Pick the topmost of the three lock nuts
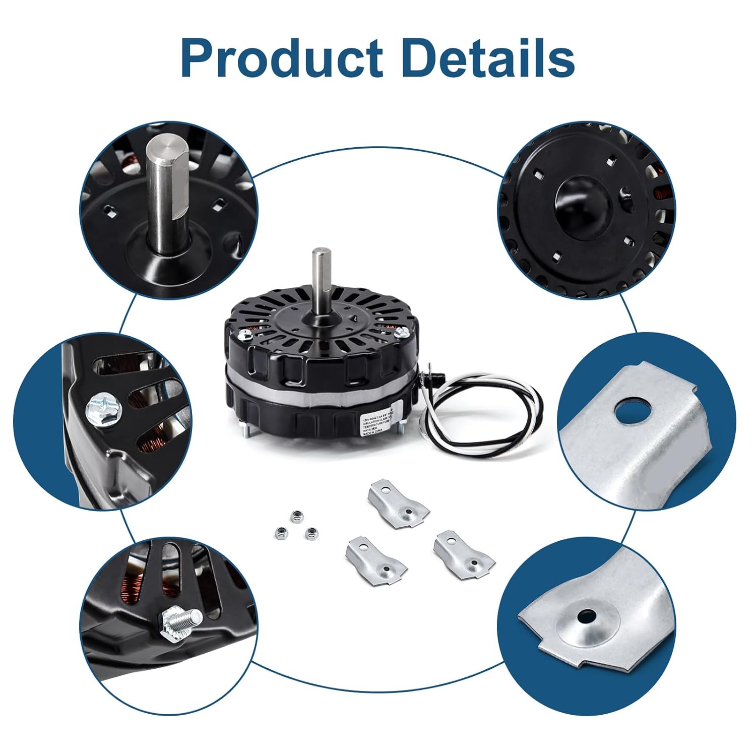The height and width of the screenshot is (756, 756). coord(293,516)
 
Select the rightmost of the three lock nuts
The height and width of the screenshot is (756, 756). coord(312,532)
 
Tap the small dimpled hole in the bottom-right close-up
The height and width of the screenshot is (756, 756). coord(586,616)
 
